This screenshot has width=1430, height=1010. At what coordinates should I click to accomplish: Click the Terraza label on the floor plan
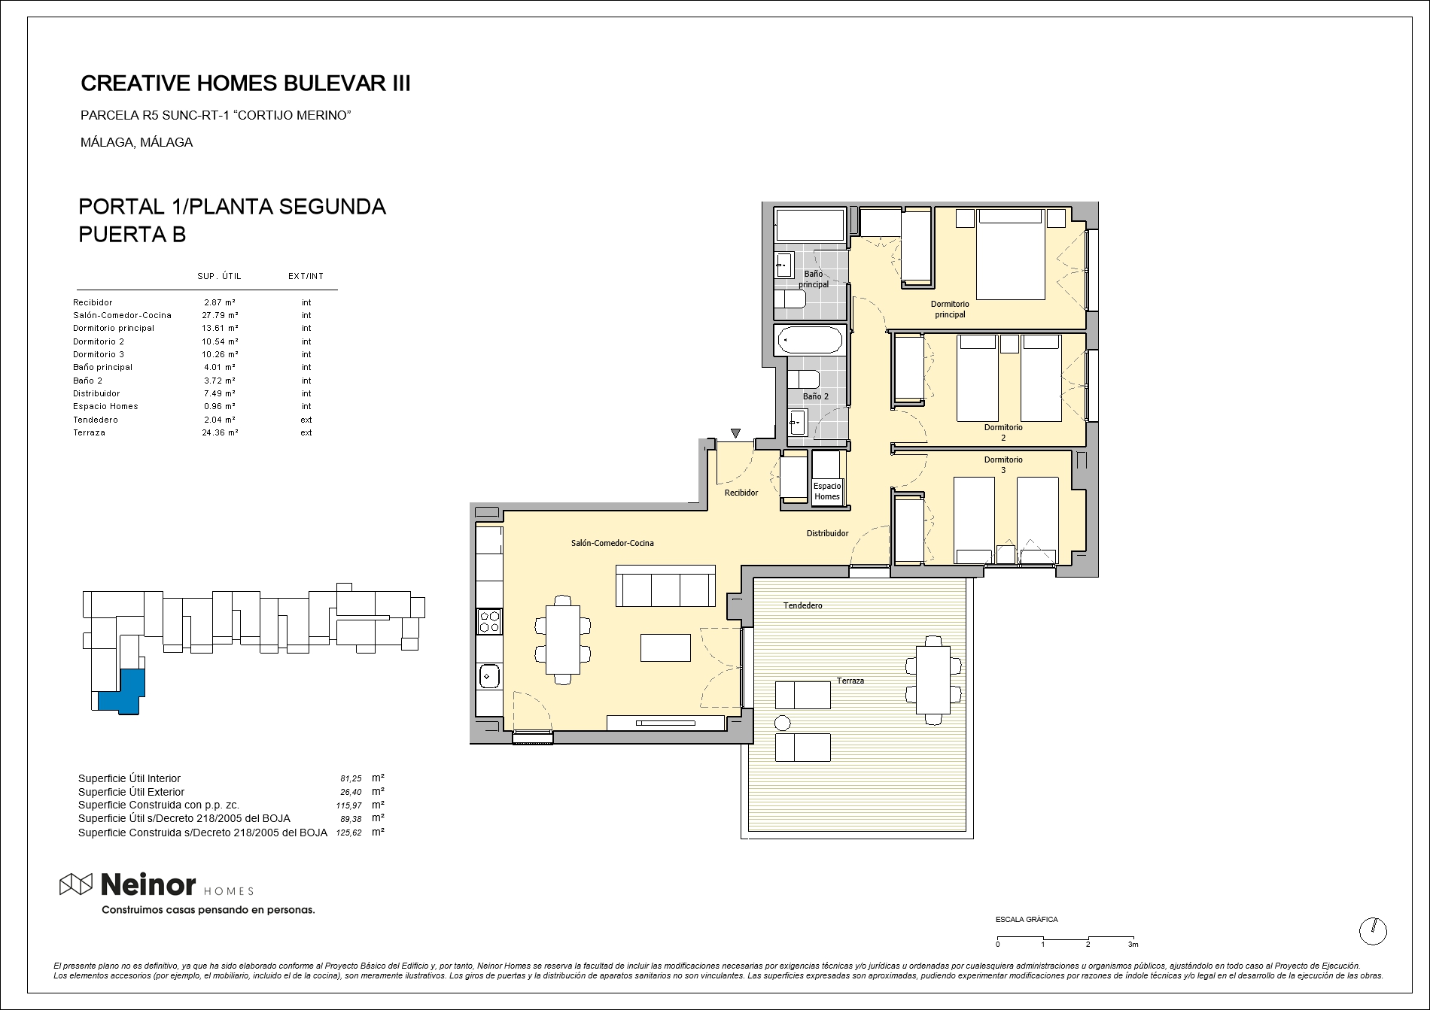pos(850,681)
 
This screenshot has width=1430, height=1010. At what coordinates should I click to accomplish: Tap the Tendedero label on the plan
pos(802,605)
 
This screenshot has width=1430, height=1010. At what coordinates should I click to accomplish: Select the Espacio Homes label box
pos(827,491)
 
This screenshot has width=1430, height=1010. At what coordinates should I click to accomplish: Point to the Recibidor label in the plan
pos(741,493)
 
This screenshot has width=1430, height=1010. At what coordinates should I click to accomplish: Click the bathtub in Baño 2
pos(810,340)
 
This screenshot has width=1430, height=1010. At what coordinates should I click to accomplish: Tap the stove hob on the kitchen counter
pos(490,621)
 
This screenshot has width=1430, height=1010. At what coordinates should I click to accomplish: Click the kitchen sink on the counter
pos(489,677)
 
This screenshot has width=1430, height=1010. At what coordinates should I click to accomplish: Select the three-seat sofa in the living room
pos(665,586)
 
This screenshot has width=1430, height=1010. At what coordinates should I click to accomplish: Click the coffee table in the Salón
pos(665,648)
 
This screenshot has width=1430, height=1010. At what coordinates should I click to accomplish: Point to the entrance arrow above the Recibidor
pos(735,433)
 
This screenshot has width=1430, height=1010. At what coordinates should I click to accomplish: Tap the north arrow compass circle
pos(1373,931)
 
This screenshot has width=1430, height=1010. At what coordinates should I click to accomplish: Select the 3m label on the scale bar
pos(1133,945)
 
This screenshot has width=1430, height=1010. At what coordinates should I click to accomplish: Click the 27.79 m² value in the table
pos(220,315)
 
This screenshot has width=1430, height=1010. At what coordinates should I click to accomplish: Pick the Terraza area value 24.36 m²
pos(220,432)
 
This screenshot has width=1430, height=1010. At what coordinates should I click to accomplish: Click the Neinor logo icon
pos(76,885)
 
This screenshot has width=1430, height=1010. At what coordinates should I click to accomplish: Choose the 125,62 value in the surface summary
pos(348,833)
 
